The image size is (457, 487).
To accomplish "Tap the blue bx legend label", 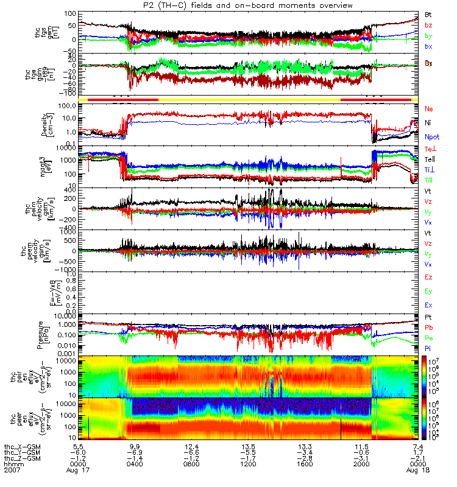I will click(429, 46).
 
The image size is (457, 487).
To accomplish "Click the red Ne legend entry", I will click(428, 108).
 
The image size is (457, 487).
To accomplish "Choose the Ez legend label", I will click(429, 277).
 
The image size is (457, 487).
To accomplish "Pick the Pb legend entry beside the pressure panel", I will click(428, 327).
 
